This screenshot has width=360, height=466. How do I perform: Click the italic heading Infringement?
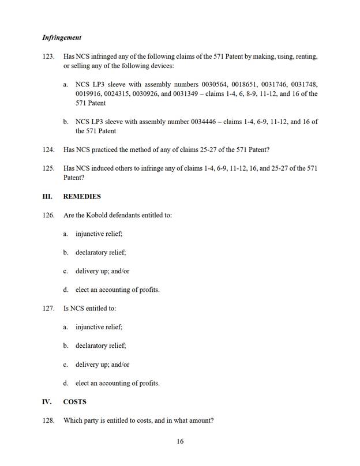pyautogui.click(x=62, y=37)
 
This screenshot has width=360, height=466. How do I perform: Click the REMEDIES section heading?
pyautogui.click(x=81, y=196)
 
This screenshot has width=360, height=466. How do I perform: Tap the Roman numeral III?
pyautogui.click(x=47, y=196)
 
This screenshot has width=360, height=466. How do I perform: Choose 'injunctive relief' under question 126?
pyautogui.click(x=99, y=234)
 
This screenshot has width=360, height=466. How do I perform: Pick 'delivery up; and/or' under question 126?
pyautogui.click(x=102, y=270)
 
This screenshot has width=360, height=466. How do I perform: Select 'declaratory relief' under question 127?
pyautogui.click(x=100, y=345)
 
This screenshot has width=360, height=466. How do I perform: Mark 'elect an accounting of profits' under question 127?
pyautogui.click(x=117, y=383)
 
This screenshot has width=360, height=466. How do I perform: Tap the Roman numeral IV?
pyautogui.click(x=47, y=401)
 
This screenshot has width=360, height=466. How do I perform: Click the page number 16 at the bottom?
pyautogui.click(x=180, y=442)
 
